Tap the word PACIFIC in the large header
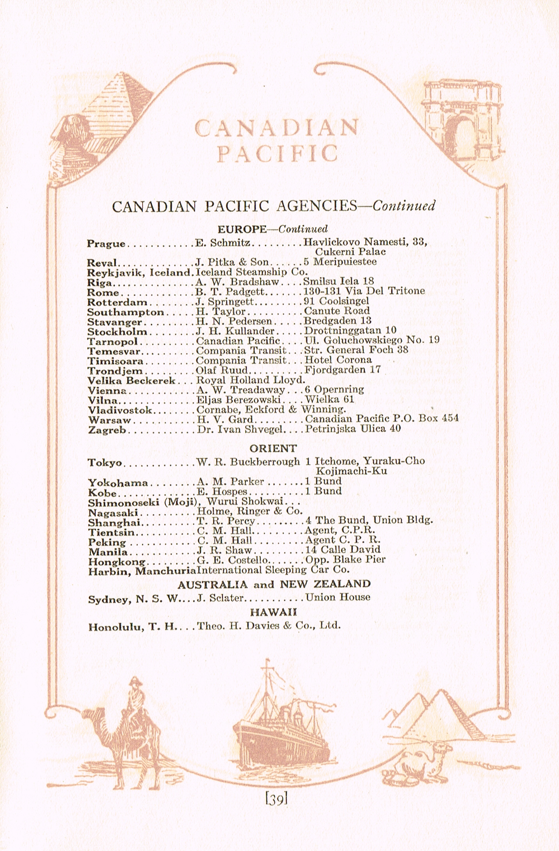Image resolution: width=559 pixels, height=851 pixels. [277, 153]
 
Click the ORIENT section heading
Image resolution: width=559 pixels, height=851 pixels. [273, 448]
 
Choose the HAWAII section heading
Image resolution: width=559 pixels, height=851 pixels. [273, 612]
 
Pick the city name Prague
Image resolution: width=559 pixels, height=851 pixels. [106, 244]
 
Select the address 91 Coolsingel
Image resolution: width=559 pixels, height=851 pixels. [336, 301]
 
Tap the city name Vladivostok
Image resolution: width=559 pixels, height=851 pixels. [120, 410]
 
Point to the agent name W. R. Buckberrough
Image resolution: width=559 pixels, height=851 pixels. [248, 462]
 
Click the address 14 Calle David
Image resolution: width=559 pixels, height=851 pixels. [343, 550]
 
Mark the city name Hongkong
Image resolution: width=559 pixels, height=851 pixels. [117, 562]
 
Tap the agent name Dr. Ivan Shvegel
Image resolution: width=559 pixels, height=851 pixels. [241, 429]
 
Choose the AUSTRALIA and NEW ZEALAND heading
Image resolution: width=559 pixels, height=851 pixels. [274, 584]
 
